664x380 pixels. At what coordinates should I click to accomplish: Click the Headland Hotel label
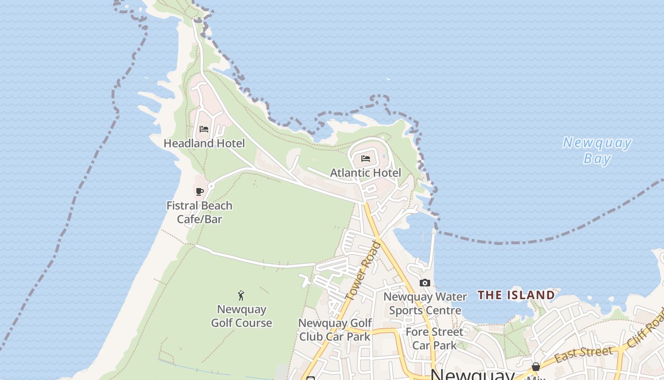pyautogui.click(x=204, y=143)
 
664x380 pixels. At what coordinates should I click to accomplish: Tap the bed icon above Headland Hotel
pyautogui.click(x=204, y=129)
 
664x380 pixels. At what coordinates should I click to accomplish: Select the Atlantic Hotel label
pyautogui.click(x=365, y=172)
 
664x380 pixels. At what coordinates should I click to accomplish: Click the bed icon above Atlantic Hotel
pyautogui.click(x=366, y=159)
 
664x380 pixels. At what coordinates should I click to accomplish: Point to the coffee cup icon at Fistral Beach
pyautogui.click(x=200, y=191)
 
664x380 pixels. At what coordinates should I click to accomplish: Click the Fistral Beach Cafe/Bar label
pyautogui.click(x=199, y=212)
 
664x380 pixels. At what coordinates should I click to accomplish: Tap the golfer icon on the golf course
pyautogui.click(x=241, y=295)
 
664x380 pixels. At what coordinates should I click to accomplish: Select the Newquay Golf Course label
pyautogui.click(x=241, y=316)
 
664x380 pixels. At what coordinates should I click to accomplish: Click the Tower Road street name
pyautogui.click(x=363, y=271)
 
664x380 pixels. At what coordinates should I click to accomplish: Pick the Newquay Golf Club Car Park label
pyautogui.click(x=335, y=330)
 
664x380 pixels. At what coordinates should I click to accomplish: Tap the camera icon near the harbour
pyautogui.click(x=425, y=283)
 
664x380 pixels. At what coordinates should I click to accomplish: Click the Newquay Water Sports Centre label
pyautogui.click(x=425, y=304)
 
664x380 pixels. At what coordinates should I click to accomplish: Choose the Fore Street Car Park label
pyautogui.click(x=434, y=338)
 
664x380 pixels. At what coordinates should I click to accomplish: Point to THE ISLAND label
pyautogui.click(x=516, y=295)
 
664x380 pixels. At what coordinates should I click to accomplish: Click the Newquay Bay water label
pyautogui.click(x=597, y=150)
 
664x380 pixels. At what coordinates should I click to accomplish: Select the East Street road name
pyautogui.click(x=583, y=354)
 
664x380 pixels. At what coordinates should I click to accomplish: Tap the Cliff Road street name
pyautogui.click(x=646, y=327)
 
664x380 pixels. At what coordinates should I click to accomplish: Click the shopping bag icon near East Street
pyautogui.click(x=535, y=367)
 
